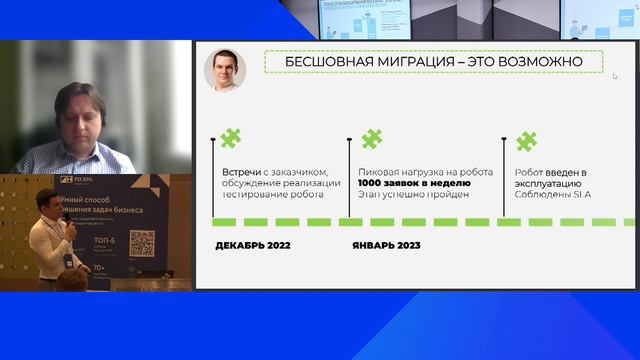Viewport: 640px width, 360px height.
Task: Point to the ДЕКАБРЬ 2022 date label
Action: [253, 245]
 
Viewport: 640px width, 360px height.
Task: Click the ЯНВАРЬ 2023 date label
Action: [386, 245]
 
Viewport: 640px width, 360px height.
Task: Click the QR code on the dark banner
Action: [143, 243]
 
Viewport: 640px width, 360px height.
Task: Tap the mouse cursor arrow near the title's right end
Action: [615, 76]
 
